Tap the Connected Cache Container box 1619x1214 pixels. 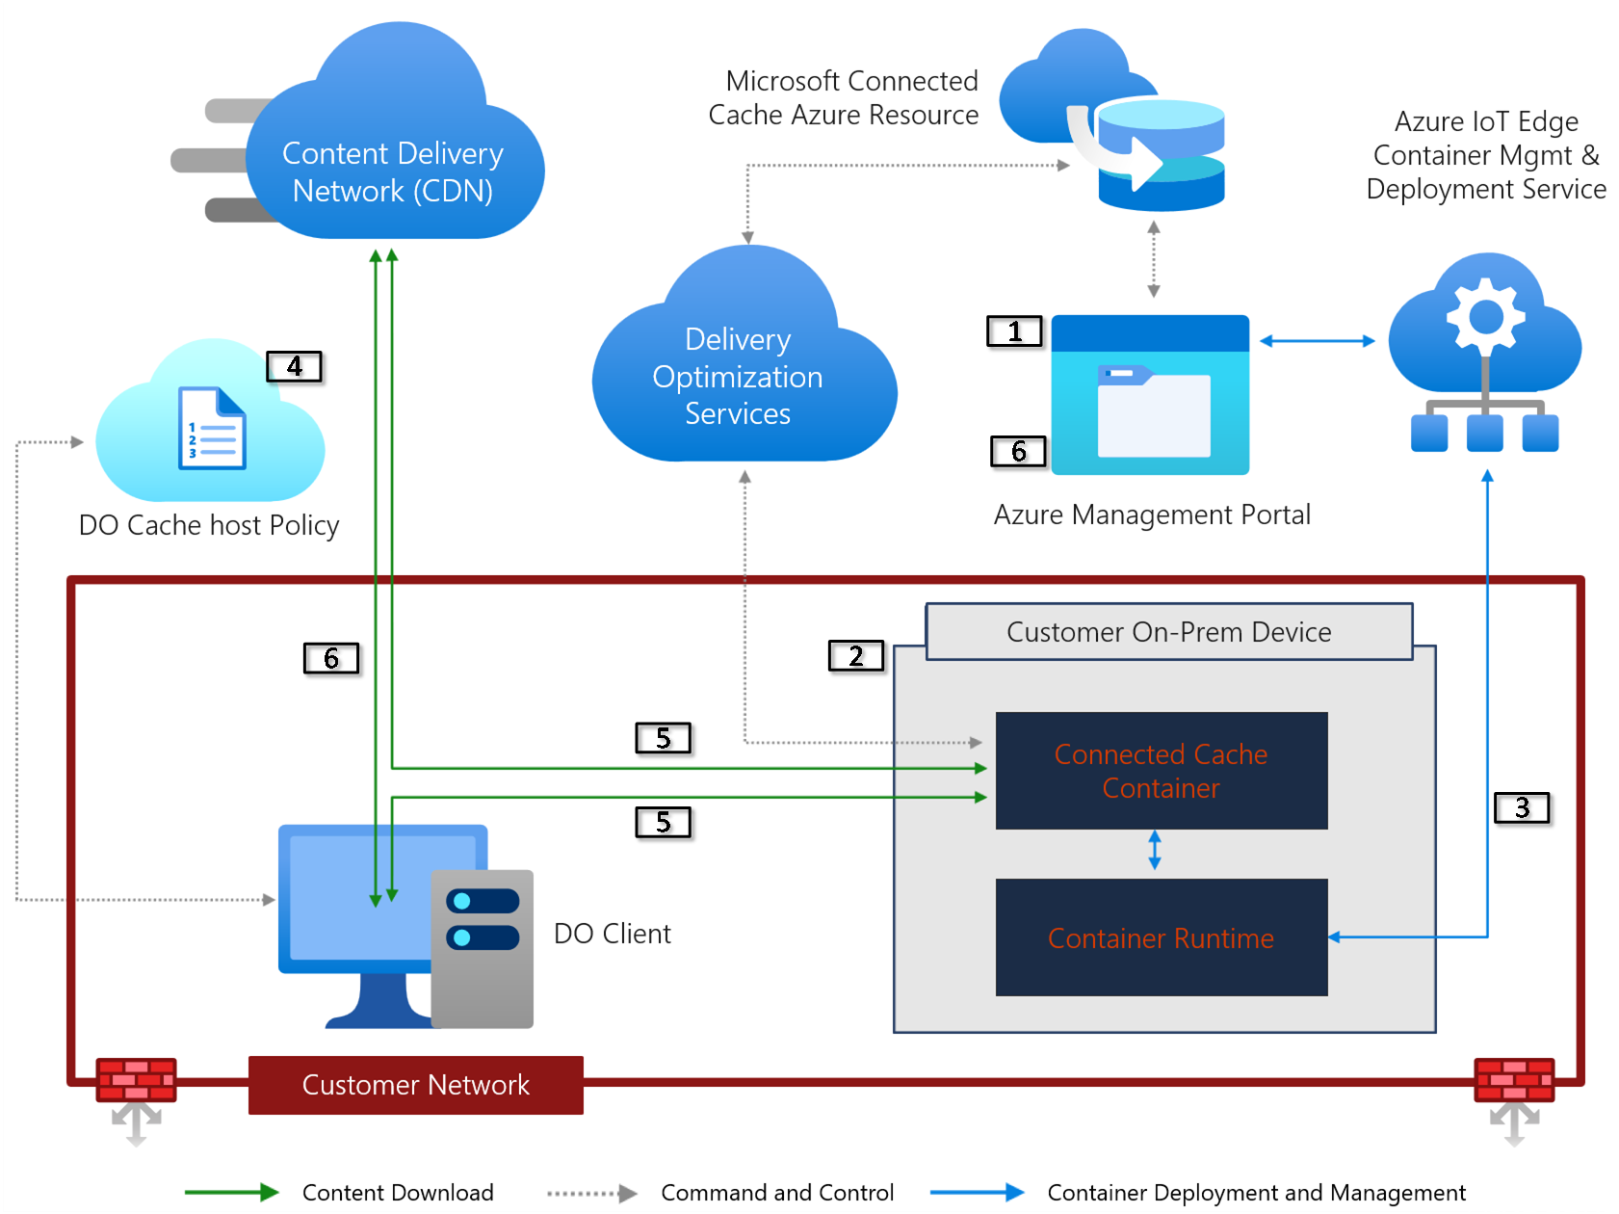[1161, 771]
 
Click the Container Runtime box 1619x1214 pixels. [1161, 937]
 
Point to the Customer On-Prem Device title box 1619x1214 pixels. [1168, 632]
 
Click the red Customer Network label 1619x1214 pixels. [415, 1085]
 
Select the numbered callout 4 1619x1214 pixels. [294, 367]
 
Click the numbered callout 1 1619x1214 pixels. [1014, 331]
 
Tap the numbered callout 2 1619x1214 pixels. [855, 656]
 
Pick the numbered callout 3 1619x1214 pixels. [1522, 807]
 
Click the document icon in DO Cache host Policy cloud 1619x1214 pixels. [212, 429]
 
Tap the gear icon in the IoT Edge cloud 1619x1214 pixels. [1486, 316]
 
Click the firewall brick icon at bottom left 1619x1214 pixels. [136, 1080]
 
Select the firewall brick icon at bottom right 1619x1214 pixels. [1514, 1080]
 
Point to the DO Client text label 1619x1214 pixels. [612, 934]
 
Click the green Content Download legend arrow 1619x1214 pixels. [231, 1193]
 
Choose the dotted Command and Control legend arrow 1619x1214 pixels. [591, 1193]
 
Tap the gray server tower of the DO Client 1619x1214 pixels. [482, 949]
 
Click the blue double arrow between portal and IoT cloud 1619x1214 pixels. [1317, 341]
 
